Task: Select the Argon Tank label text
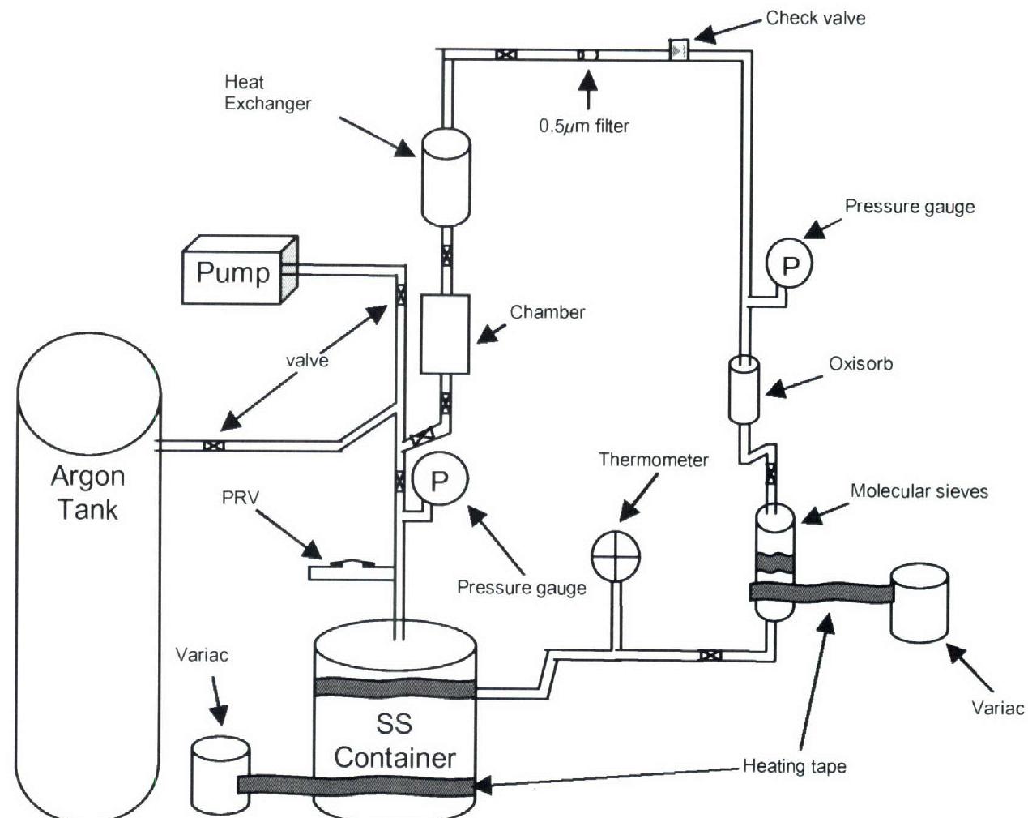tap(87, 492)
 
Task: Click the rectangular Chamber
tap(445, 333)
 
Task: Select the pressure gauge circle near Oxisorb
tap(789, 263)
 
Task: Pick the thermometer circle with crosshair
tap(616, 556)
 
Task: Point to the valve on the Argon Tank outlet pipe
tap(213, 445)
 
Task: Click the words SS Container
tap(395, 739)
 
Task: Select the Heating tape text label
tap(794, 765)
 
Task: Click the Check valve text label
tap(815, 18)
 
